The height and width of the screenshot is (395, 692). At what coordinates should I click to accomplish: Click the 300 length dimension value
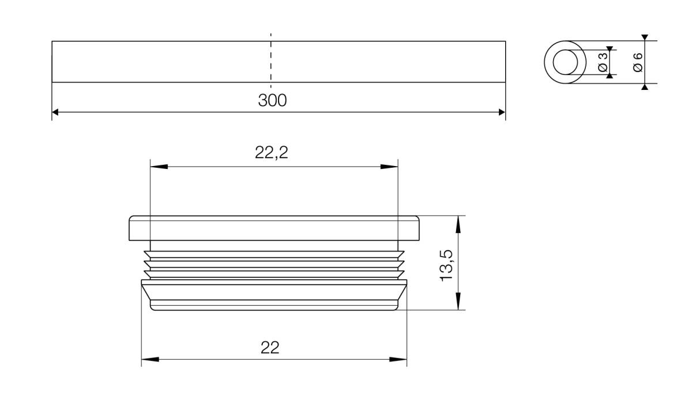click(272, 101)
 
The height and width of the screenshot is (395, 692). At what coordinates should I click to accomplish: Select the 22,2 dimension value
click(272, 153)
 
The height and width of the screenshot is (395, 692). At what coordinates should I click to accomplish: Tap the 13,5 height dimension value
click(447, 265)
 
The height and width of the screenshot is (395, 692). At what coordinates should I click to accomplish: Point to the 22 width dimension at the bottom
click(270, 347)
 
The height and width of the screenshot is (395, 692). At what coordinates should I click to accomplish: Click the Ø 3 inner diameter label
click(603, 62)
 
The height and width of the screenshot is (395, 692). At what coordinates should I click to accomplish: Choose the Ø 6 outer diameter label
click(638, 62)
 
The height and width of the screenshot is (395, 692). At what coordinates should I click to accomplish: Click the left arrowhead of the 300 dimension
click(56, 112)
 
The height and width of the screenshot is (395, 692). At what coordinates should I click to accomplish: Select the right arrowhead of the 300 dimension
click(502, 112)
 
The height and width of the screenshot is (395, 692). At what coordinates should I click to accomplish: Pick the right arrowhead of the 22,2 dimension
click(390, 167)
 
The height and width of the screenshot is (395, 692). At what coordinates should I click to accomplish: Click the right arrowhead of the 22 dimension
click(399, 359)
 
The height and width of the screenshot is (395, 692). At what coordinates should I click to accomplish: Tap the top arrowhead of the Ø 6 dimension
click(645, 38)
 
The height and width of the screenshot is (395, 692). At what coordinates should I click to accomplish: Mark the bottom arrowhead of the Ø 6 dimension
click(645, 86)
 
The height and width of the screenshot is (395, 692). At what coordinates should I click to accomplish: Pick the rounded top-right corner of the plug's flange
click(418, 219)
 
